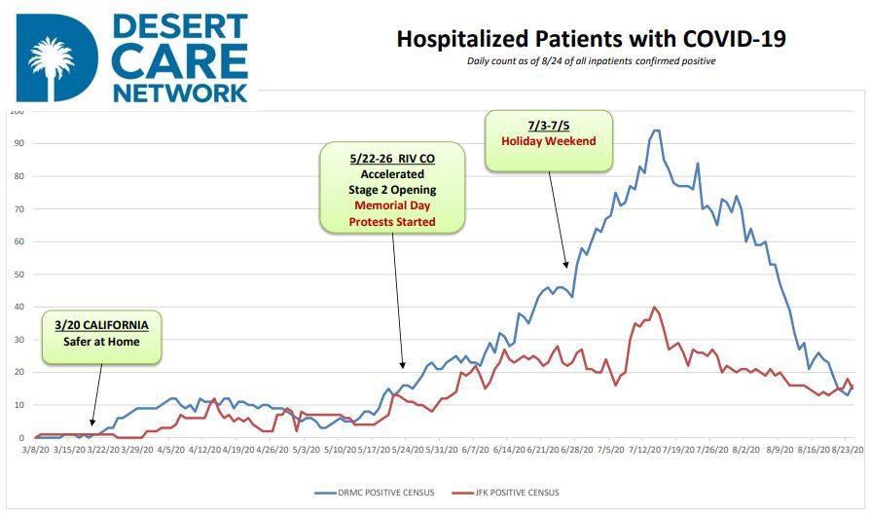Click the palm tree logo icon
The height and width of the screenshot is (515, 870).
coord(51,60)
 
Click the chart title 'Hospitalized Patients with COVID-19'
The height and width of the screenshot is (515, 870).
coord(591,40)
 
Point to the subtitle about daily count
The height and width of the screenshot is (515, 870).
coord(591,61)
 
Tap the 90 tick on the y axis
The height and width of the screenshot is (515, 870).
coord(18,143)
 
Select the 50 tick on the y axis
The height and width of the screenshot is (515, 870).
coord(18,275)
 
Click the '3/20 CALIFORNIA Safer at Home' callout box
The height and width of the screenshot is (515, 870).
coord(101,336)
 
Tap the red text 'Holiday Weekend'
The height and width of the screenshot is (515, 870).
coord(548,141)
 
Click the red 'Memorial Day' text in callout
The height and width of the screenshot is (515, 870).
coord(392,206)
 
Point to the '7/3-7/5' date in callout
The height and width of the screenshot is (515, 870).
coord(548,125)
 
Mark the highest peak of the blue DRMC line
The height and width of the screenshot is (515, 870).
coord(656,130)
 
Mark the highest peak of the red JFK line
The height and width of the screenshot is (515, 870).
coord(654,308)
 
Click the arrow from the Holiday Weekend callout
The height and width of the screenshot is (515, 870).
coord(558,220)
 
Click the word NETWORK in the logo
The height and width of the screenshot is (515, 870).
coord(180,93)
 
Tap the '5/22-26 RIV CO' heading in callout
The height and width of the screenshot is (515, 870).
coord(392,157)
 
